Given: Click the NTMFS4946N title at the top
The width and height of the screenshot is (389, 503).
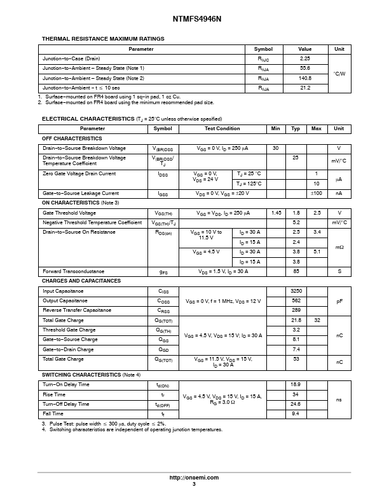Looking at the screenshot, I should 194,20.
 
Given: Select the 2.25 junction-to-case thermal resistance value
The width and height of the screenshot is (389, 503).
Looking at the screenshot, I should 304,58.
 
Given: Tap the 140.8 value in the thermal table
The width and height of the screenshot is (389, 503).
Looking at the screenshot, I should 304,78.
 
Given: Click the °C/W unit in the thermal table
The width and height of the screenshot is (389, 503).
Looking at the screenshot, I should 339,73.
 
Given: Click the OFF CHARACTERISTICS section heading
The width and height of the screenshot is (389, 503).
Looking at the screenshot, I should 72,138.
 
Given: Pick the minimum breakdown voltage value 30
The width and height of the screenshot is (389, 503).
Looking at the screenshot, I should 275,148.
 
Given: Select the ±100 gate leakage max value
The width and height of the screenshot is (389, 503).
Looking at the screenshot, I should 316,193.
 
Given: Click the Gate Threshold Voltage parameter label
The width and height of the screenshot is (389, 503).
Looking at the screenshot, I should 69,213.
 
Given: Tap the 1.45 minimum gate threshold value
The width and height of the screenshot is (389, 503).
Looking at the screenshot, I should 276,213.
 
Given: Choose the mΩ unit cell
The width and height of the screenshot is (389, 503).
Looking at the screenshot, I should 339,247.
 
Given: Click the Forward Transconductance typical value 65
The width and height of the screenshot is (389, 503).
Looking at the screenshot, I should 296,271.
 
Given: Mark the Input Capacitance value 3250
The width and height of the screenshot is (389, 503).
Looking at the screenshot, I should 296,291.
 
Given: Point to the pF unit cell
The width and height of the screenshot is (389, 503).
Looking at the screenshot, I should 339,300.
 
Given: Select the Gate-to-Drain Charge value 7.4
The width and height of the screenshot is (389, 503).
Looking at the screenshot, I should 296,349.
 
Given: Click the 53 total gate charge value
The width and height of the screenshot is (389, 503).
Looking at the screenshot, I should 296,359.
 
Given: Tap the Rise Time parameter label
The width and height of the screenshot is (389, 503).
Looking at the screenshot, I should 53,394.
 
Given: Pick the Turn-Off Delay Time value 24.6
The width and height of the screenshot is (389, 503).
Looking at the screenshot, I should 296,404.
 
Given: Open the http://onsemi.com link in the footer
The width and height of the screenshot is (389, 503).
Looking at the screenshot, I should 194,478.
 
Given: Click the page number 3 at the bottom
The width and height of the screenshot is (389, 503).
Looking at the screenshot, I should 194,484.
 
